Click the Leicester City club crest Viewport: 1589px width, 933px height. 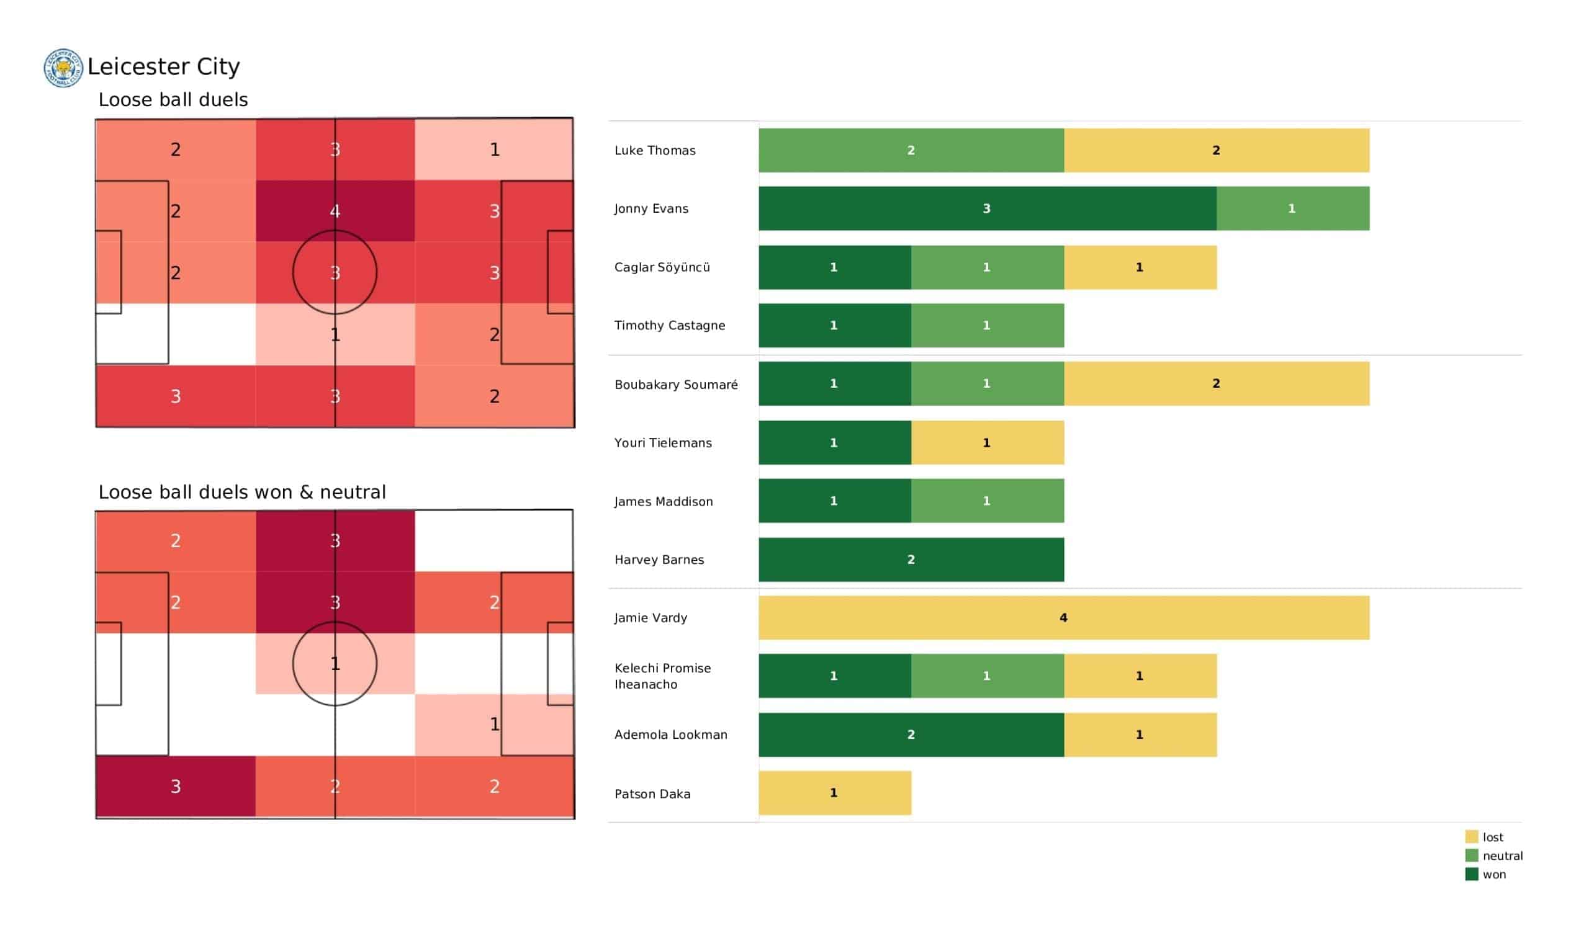click(63, 68)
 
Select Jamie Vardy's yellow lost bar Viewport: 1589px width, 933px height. click(1063, 618)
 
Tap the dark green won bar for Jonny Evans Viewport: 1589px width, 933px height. click(987, 208)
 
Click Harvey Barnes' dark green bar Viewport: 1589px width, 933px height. click(911, 559)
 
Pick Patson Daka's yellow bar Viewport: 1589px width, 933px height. click(834, 793)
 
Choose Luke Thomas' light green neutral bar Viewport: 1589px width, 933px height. click(911, 150)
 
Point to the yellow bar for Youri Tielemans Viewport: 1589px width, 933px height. click(987, 442)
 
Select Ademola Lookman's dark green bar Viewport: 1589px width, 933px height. click(911, 734)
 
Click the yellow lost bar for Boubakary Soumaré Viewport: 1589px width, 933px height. click(1216, 383)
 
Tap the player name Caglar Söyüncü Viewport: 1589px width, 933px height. click(662, 267)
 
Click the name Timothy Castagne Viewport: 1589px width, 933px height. click(669, 325)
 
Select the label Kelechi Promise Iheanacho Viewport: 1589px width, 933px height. click(662, 676)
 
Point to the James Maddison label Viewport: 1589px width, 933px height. click(664, 501)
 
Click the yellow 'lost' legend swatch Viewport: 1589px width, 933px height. click(1471, 837)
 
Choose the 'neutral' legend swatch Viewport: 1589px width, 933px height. click(1471, 855)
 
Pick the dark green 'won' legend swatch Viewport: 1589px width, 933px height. click(1471, 874)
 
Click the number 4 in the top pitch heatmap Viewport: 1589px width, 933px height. click(335, 211)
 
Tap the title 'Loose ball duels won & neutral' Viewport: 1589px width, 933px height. click(241, 492)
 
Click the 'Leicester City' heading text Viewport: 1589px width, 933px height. click(163, 66)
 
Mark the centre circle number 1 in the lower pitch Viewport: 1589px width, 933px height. click(335, 664)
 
